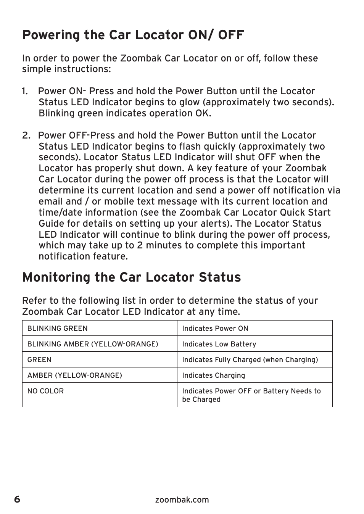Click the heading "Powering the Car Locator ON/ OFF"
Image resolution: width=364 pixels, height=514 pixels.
pos(133,35)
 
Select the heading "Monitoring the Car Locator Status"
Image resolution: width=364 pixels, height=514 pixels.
pos(132,277)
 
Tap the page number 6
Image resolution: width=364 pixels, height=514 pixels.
pos(17,499)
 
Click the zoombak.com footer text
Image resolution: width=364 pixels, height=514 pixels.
pos(182,500)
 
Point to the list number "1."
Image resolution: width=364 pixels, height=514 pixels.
pos(25,91)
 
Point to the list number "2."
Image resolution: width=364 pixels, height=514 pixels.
pos(26,135)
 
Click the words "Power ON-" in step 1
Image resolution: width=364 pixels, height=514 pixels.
pos(62,91)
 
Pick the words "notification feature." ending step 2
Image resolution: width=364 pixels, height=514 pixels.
pos(83,256)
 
